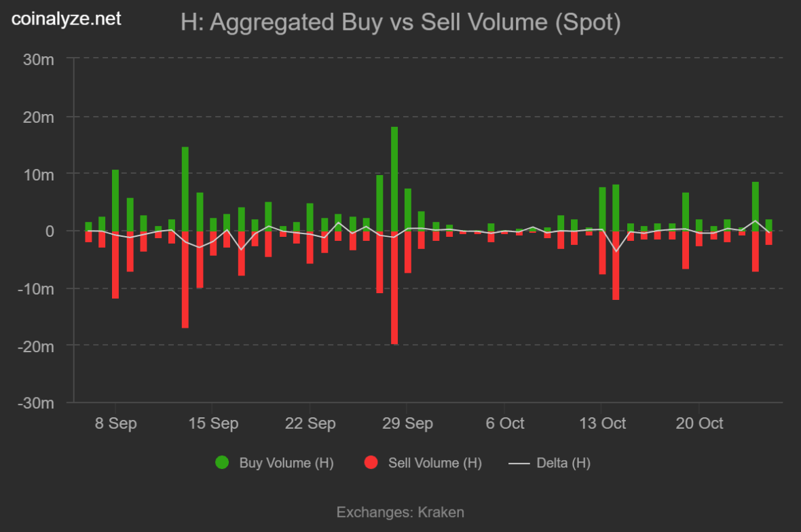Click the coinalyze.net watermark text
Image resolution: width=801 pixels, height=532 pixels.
pos(67,19)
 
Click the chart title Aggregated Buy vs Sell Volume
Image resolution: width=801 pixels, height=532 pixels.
pos(400,22)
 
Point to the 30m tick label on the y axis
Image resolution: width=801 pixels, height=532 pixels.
pos(39,60)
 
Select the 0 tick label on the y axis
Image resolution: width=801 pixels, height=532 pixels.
pos(50,231)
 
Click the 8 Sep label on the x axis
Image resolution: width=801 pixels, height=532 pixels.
pos(115,423)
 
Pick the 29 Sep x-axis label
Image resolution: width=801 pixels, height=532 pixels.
pos(408,423)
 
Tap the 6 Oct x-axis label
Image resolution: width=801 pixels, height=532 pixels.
pos(505,423)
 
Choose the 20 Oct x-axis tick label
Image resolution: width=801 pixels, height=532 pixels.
pos(700,423)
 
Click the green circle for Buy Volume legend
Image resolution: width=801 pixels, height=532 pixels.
pos(222,463)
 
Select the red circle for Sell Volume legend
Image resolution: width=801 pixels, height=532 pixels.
pos(371,463)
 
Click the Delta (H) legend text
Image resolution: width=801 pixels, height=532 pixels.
pos(563,463)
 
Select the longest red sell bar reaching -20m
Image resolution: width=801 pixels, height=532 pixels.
pos(394,288)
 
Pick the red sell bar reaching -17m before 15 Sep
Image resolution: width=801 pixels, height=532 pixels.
pos(185,280)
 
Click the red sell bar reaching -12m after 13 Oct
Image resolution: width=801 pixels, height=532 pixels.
pos(616,265)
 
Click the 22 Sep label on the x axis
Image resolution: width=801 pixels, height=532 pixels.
pos(310,423)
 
